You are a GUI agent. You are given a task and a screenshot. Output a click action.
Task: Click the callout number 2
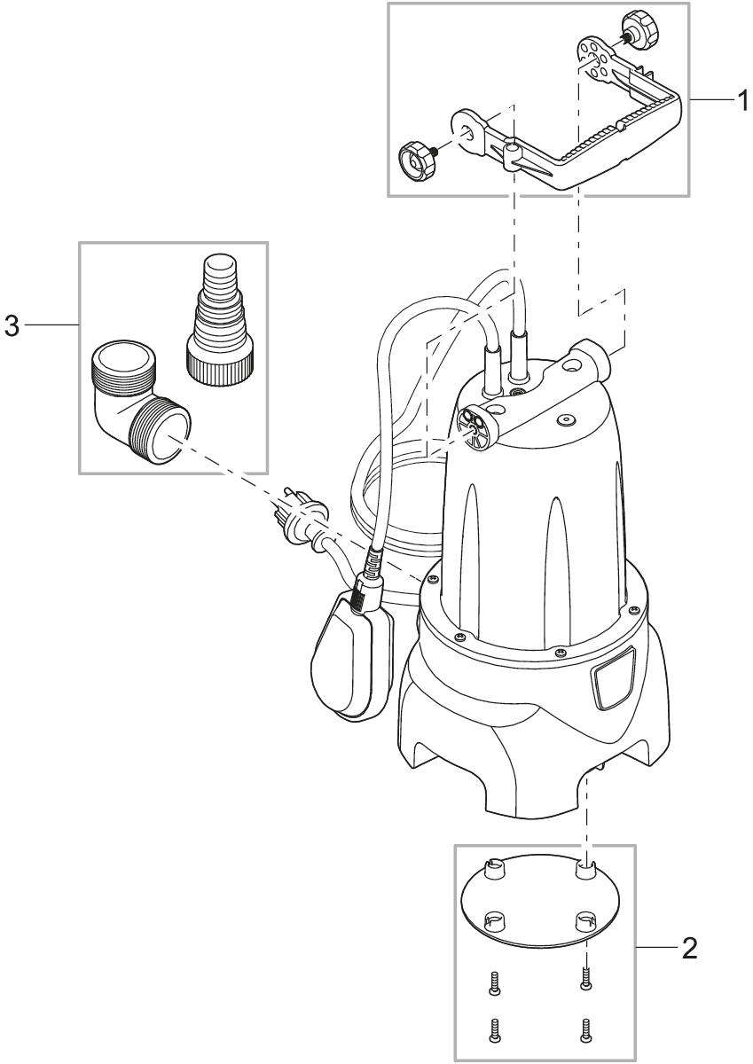[689, 950]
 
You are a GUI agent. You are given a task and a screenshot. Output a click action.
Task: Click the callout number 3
[12, 325]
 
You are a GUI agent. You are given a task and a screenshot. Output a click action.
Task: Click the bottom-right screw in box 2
[584, 1029]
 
